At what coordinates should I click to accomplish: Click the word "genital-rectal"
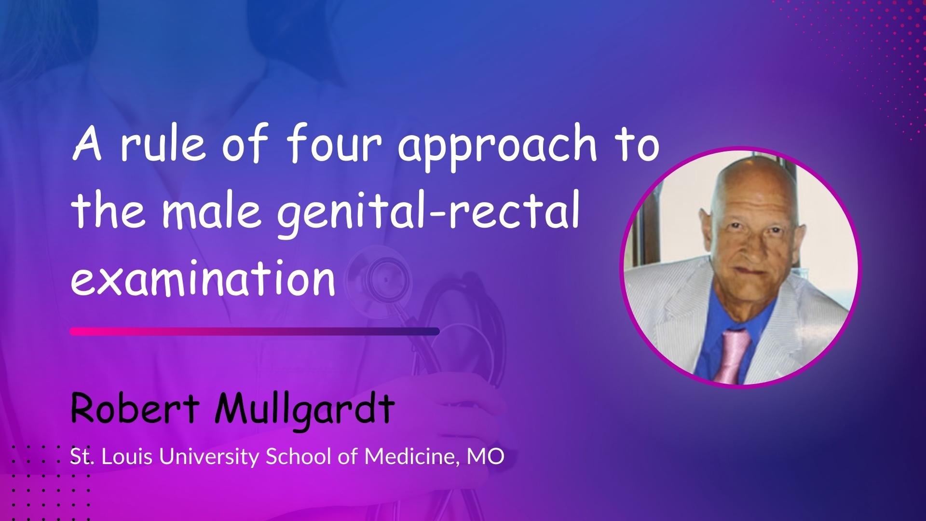pos(427,216)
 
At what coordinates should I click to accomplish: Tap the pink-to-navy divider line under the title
pos(255,331)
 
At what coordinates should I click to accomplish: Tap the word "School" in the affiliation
pos(297,456)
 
